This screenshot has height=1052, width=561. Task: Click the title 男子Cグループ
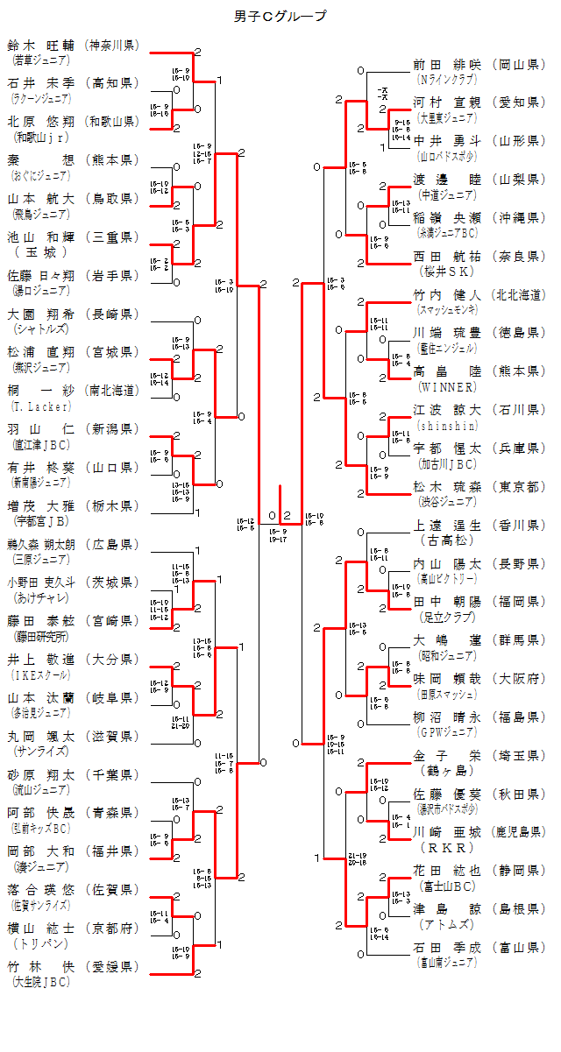coord(280,16)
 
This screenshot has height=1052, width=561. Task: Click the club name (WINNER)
coord(448,386)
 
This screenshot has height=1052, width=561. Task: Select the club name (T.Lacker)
coord(34,406)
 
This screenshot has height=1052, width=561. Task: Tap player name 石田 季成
coord(447,947)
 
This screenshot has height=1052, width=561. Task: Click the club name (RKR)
coord(447,848)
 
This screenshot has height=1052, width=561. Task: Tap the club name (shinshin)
coord(448,425)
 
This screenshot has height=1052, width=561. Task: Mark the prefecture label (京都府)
coord(112,928)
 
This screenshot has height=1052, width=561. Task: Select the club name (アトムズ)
coord(448,924)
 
